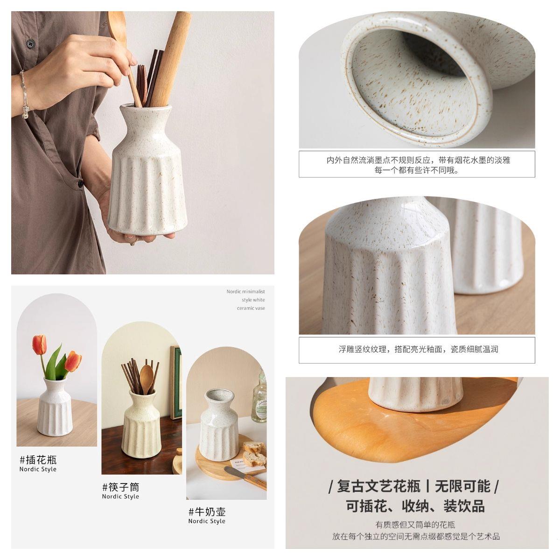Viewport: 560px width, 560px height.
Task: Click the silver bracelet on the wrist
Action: [24, 94]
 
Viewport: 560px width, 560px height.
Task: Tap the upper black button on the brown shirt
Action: [30, 43]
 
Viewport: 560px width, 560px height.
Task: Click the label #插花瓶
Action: [38, 460]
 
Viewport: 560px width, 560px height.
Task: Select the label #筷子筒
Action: [120, 487]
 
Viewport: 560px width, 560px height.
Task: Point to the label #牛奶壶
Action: [207, 512]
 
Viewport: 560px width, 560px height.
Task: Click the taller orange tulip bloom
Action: [39, 345]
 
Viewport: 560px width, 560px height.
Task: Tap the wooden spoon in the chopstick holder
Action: [147, 378]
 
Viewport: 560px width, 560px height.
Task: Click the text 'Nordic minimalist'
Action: [245, 292]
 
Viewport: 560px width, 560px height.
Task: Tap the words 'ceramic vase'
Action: [251, 308]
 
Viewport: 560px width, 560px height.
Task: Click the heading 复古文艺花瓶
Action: [378, 486]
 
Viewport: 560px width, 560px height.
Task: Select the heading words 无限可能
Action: [462, 486]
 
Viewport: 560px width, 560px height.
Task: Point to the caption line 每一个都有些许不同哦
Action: [416, 170]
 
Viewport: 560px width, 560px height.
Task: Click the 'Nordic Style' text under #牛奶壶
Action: [207, 521]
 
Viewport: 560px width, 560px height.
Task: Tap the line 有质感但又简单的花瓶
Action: [415, 525]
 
